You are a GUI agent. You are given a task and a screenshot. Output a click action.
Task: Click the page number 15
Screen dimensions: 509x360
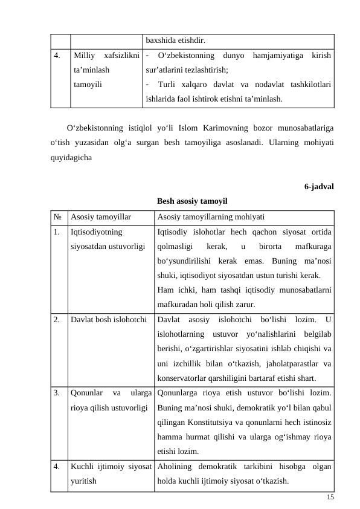(329, 496)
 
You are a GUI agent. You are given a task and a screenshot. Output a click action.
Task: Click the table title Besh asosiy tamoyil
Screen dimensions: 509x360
(192, 201)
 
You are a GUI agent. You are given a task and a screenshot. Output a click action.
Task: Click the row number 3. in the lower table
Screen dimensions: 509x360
(56, 392)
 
